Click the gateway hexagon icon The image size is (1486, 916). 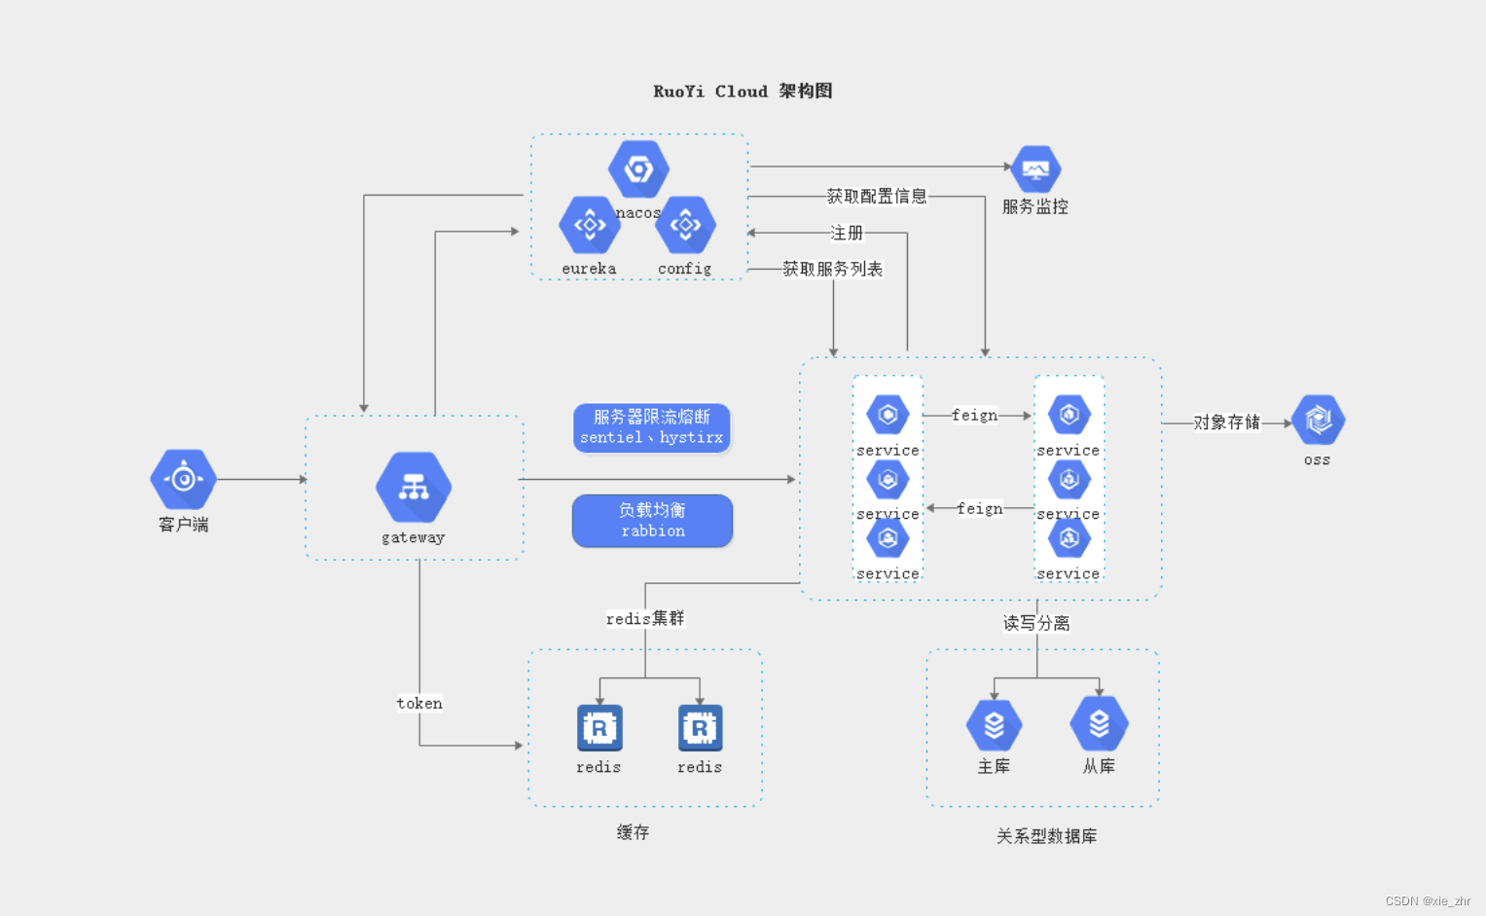click(x=414, y=487)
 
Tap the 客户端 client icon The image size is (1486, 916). click(x=183, y=478)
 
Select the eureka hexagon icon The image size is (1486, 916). click(x=589, y=225)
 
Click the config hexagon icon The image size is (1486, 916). click(x=685, y=225)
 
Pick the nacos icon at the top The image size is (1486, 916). click(x=638, y=169)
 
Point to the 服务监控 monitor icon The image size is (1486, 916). click(x=1035, y=171)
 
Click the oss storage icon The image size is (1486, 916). click(x=1318, y=421)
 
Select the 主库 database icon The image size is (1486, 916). click(x=994, y=725)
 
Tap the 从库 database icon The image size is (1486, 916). click(x=1099, y=724)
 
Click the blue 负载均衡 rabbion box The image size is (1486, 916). click(x=652, y=521)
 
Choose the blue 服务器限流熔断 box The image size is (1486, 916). click(x=652, y=427)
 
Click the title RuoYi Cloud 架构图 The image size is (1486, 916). click(x=743, y=92)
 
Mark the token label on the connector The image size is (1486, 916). click(x=419, y=703)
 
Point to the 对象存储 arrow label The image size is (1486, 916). click(x=1226, y=422)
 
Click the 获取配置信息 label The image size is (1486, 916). click(x=877, y=197)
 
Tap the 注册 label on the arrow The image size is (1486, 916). click(x=846, y=234)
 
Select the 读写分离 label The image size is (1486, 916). click(x=1036, y=623)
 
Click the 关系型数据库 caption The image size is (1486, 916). click(x=1046, y=836)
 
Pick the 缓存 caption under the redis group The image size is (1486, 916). click(x=633, y=832)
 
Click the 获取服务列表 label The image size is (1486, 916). click(x=832, y=270)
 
